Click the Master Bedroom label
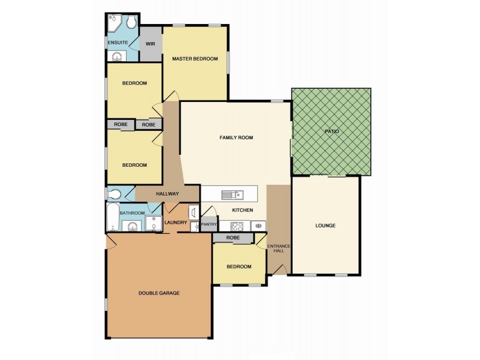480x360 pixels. click(x=195, y=59)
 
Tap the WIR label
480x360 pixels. click(x=151, y=44)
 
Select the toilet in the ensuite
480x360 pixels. click(x=131, y=22)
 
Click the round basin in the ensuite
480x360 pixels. click(x=116, y=57)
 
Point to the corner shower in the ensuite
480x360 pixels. click(x=113, y=23)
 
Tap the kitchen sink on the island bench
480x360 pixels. click(x=233, y=194)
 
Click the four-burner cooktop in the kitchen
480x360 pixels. click(x=237, y=226)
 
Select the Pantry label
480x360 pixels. click(x=209, y=224)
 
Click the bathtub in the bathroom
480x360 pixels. click(x=112, y=217)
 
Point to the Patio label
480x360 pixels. click(x=332, y=131)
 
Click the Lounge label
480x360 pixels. click(x=325, y=226)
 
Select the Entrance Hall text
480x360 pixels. click(x=279, y=248)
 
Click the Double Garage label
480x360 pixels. click(x=159, y=293)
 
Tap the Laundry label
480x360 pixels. click(x=175, y=223)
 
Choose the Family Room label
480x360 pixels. click(x=236, y=138)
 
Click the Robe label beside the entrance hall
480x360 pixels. click(x=233, y=238)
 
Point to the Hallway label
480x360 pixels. click(x=167, y=194)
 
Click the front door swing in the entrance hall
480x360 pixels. click(x=280, y=269)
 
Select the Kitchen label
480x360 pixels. click(x=242, y=210)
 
